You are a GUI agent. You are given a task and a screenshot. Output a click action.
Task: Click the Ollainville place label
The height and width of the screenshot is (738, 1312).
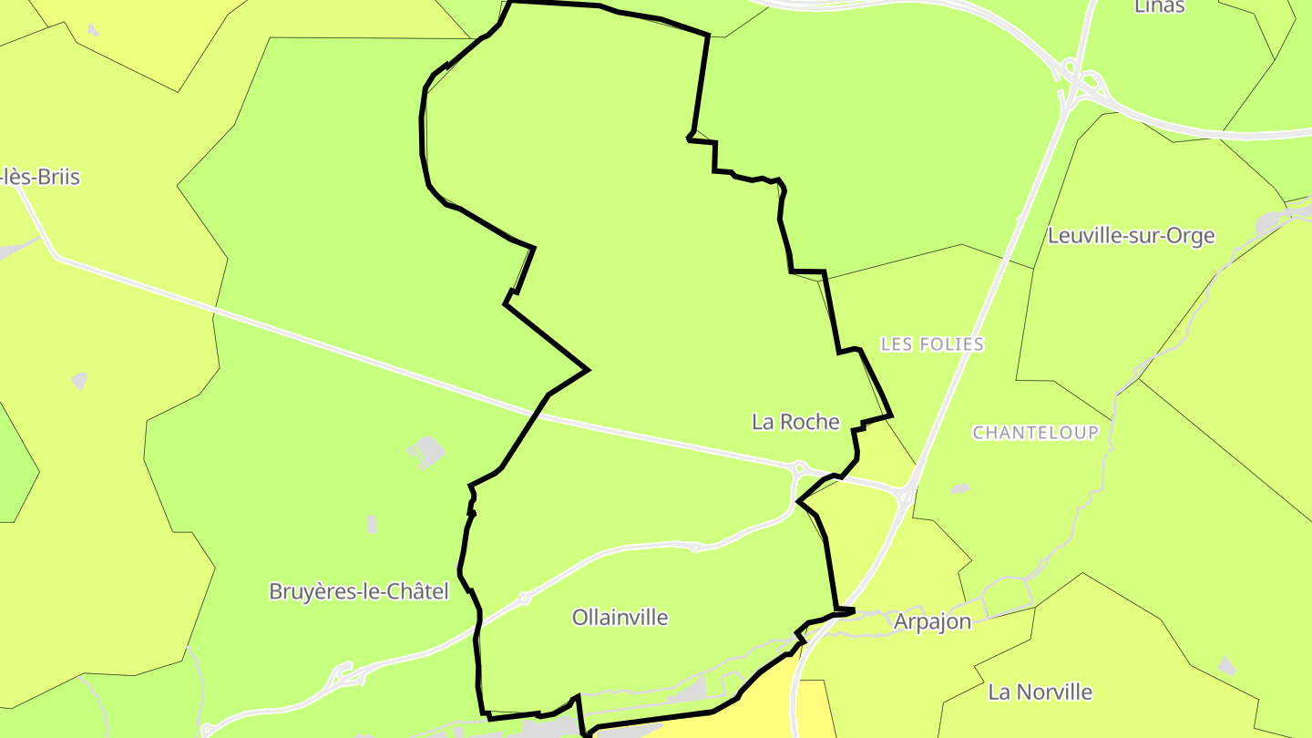(x=620, y=618)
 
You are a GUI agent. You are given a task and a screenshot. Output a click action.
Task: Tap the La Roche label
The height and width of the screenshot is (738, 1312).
(x=795, y=422)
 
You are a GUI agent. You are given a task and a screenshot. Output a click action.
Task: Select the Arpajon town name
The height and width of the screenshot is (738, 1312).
(x=932, y=622)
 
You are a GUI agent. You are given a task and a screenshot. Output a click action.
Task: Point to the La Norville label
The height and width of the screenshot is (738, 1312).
(x=1040, y=692)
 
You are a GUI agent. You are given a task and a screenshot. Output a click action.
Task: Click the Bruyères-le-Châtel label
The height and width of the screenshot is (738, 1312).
(x=359, y=592)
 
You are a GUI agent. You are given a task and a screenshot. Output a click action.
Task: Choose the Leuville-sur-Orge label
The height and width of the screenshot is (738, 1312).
(x=1131, y=236)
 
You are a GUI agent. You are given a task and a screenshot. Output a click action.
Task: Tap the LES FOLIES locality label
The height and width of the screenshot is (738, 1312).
(x=932, y=344)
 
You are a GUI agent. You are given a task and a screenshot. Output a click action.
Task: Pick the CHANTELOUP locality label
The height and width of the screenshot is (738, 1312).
(x=1035, y=433)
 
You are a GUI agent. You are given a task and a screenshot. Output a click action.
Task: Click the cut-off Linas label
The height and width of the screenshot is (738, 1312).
(x=1159, y=7)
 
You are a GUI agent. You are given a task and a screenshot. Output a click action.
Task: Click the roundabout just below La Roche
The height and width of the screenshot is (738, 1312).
(x=798, y=468)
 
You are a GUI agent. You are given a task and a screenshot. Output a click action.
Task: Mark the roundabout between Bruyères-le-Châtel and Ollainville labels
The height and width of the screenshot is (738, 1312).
(x=524, y=599)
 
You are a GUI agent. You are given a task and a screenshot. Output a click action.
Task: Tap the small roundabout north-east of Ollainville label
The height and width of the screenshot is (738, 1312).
(x=695, y=548)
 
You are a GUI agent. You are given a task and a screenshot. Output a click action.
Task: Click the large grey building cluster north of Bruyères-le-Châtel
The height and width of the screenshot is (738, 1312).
(x=425, y=451)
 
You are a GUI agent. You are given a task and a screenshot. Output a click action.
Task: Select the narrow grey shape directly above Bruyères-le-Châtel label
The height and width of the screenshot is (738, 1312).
(x=372, y=524)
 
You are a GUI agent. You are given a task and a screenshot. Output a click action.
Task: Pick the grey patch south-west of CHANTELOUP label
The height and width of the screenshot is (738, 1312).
(x=959, y=489)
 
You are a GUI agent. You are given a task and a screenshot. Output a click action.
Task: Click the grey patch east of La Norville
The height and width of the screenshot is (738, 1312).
(x=1226, y=667)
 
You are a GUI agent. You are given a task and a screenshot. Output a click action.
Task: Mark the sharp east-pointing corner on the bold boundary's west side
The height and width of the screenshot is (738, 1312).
(x=588, y=370)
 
